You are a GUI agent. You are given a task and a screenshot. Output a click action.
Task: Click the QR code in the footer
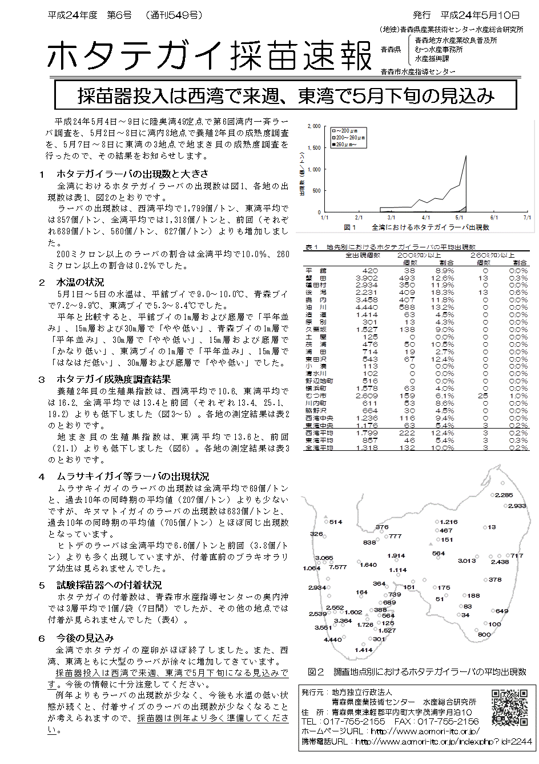click(x=510, y=707)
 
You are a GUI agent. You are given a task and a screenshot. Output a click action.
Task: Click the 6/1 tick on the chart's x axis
click(x=494, y=218)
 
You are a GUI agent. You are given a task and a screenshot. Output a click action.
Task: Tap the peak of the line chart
click(x=466, y=156)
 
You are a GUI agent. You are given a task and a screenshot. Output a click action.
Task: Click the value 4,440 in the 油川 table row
click(x=366, y=307)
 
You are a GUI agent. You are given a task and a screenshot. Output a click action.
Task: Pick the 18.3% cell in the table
click(x=443, y=293)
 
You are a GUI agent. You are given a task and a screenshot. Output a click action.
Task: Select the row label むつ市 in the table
click(x=316, y=395)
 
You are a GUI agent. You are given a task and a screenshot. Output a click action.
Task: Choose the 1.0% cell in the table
click(x=518, y=395)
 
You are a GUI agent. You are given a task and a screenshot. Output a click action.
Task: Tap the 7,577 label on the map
click(x=337, y=567)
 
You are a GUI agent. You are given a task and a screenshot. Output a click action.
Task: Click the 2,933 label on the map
click(x=516, y=506)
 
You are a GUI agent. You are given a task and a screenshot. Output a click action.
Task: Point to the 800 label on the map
click(x=484, y=635)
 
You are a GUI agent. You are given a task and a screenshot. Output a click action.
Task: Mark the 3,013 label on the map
click(x=466, y=561)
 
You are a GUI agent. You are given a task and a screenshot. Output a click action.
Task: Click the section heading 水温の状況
click(x=80, y=282)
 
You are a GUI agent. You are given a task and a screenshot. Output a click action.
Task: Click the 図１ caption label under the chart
click(x=350, y=227)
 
